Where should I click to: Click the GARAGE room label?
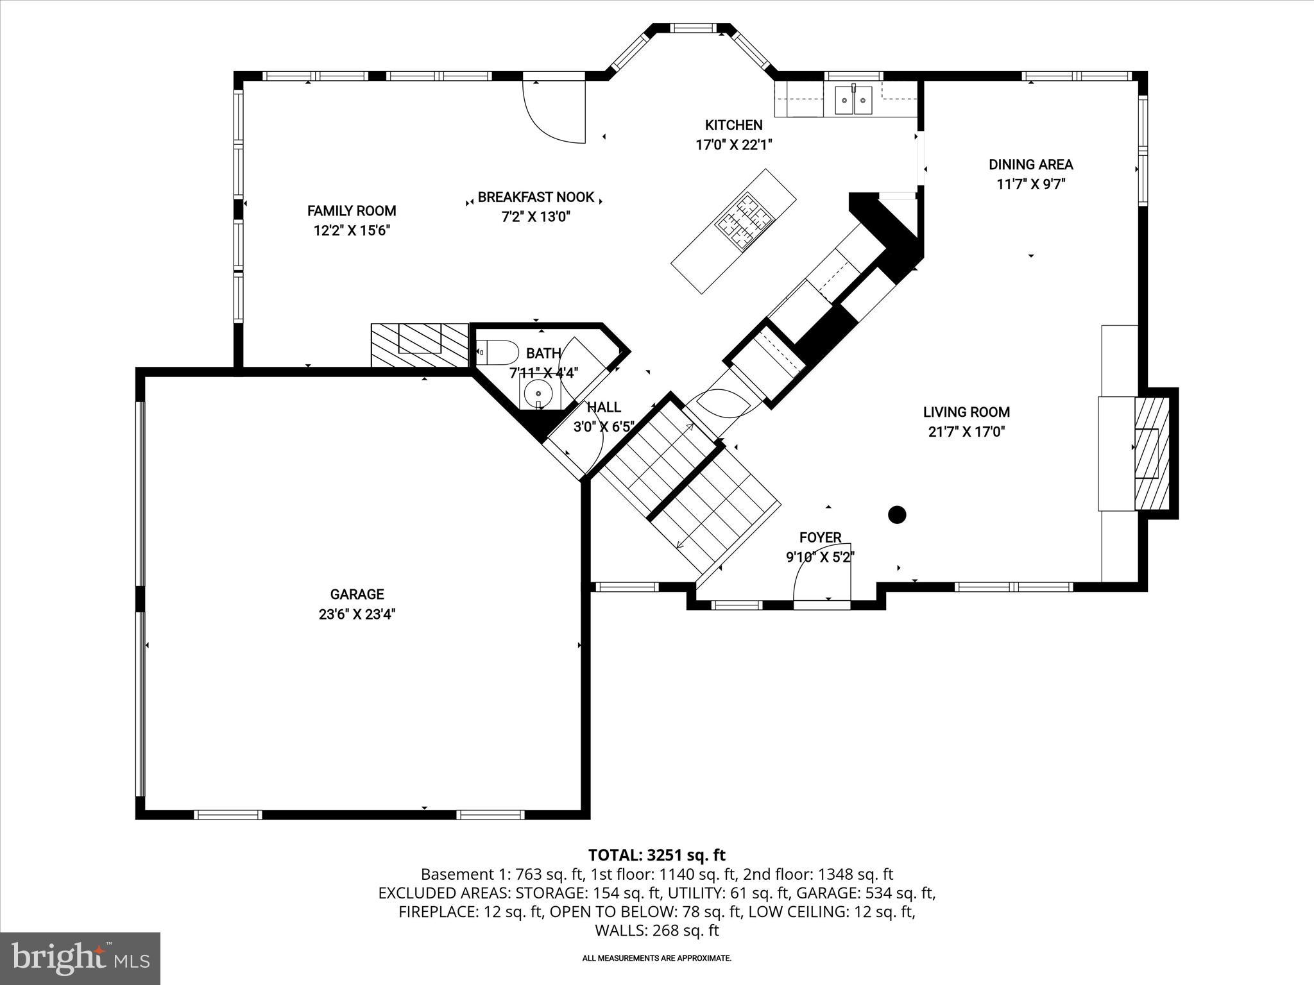pyautogui.click(x=357, y=594)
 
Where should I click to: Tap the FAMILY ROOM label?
pyautogui.click(x=352, y=211)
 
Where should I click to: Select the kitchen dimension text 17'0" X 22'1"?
pyautogui.click(x=733, y=145)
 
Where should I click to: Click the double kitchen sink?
pyautogui.click(x=854, y=101)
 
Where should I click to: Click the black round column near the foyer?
pyautogui.click(x=896, y=514)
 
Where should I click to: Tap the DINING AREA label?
pyautogui.click(x=1030, y=165)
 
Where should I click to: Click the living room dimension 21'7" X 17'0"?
pyautogui.click(x=966, y=432)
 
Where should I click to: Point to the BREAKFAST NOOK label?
pyautogui.click(x=536, y=198)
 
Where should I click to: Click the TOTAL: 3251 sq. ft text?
pyautogui.click(x=656, y=855)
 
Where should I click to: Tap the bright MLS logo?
pyautogui.click(x=80, y=958)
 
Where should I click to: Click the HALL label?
pyautogui.click(x=604, y=407)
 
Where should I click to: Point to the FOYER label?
pyautogui.click(x=820, y=537)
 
